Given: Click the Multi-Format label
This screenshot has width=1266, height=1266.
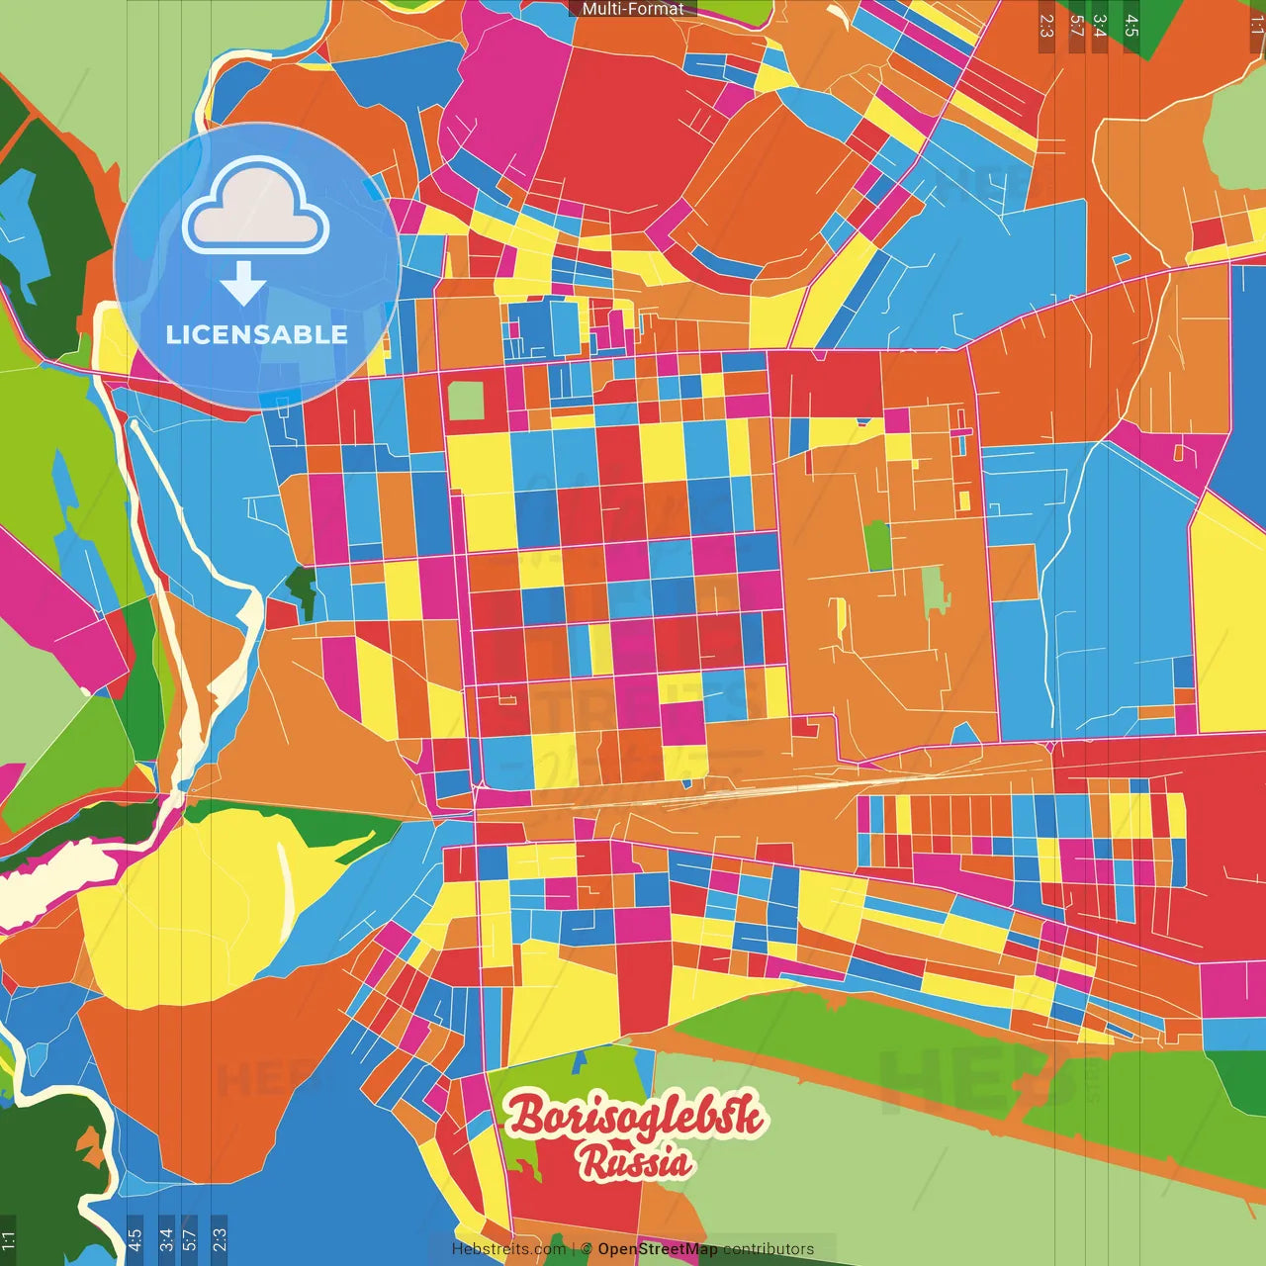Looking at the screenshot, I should pos(633,9).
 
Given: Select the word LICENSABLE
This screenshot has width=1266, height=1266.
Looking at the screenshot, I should pos(257,335).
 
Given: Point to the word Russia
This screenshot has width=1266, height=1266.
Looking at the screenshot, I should pos(635,1163).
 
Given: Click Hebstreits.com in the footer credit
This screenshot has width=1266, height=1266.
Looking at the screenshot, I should pos(508,1249).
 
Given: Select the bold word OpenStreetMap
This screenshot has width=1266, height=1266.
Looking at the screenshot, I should pos(658,1249).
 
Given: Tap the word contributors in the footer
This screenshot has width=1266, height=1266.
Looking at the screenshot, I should pos(769,1249).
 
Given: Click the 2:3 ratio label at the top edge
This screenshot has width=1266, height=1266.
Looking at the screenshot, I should pos(1046,26).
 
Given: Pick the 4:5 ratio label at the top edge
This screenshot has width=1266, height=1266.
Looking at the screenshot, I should pos(1131,26).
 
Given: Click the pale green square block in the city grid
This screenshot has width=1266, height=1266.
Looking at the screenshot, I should pos(466,402).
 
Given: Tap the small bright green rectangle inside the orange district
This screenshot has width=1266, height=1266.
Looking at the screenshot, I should pos(877,546).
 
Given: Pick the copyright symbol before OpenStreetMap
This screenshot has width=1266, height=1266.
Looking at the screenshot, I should pos(587,1249).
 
